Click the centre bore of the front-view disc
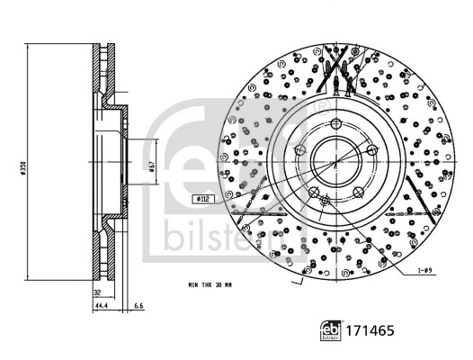click(x=334, y=162)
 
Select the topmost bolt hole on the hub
click(x=334, y=122)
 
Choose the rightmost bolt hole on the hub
click(x=372, y=150)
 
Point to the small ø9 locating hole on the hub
click(x=326, y=202)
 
